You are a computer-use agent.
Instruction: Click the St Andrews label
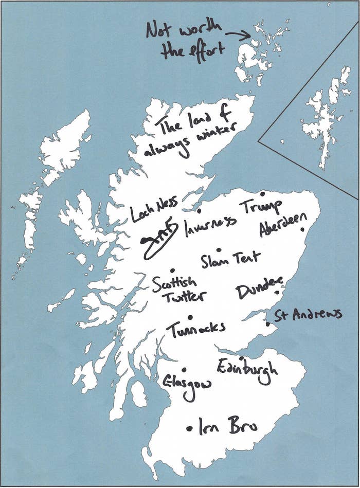(x=308, y=314)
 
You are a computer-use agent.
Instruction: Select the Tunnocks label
(x=195, y=328)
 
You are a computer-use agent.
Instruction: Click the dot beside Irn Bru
(x=189, y=427)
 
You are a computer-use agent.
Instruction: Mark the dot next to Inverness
(x=199, y=210)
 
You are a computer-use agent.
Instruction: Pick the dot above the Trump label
(x=262, y=194)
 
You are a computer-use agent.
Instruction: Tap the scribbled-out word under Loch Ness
(x=160, y=234)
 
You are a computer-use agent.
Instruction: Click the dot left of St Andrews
(x=267, y=324)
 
